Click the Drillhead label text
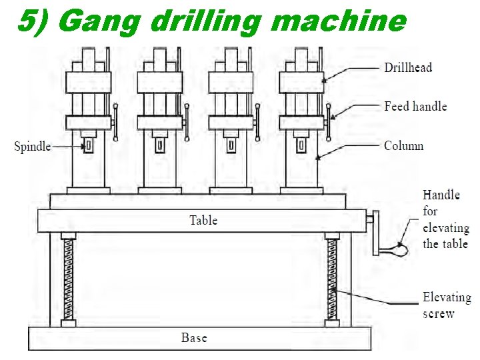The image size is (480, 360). [x=408, y=67]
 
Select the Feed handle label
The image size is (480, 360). [x=415, y=107]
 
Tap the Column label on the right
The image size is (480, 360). [x=403, y=146]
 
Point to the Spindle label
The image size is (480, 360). [x=33, y=147]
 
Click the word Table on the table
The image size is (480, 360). [x=203, y=220]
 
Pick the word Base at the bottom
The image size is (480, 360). [x=194, y=338]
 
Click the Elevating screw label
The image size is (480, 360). [x=446, y=305]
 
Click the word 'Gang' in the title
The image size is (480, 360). [x=101, y=22]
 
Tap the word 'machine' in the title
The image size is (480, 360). [x=339, y=22]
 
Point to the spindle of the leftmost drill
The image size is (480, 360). [x=88, y=145]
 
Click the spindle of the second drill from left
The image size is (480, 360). [x=159, y=145]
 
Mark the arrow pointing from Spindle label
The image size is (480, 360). [x=67, y=146]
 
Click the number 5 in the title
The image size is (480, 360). [x=25, y=22]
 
